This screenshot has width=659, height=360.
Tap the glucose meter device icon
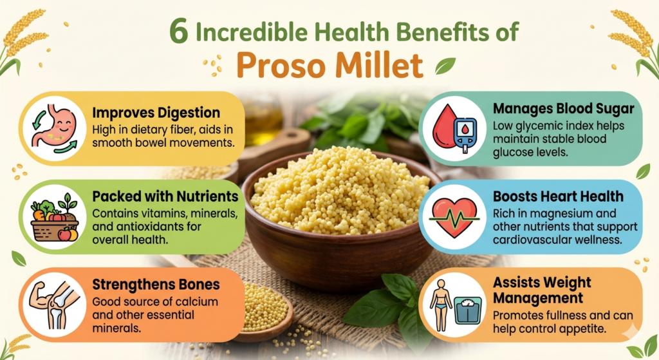coord(465,131)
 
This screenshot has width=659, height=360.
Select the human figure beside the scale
coord(441,304)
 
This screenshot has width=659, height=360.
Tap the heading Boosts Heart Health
coord(559,196)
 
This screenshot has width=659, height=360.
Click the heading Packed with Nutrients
coord(165,196)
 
